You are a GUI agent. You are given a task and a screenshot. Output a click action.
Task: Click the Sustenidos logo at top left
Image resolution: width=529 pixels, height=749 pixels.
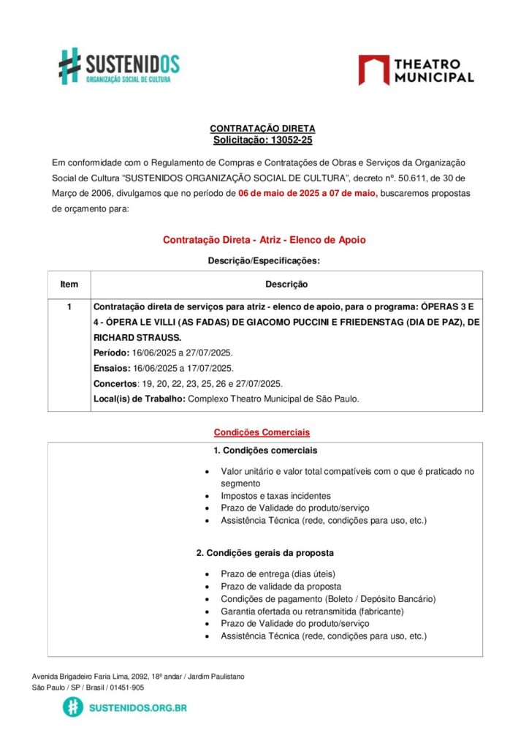click(x=118, y=66)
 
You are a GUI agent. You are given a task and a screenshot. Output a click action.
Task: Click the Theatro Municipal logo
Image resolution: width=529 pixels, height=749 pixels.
click(x=416, y=70)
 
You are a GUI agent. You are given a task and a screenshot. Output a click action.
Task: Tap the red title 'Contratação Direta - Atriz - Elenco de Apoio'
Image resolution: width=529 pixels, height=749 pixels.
click(x=264, y=239)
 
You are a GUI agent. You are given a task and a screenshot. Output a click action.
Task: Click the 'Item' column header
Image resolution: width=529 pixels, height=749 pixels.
click(x=69, y=284)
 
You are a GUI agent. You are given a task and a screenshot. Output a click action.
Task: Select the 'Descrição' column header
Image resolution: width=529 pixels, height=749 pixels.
click(x=286, y=284)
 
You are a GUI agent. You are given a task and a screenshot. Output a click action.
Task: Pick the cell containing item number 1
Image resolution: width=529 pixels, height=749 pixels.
click(x=69, y=307)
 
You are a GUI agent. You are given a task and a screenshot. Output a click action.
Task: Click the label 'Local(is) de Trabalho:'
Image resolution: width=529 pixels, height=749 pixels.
click(x=140, y=399)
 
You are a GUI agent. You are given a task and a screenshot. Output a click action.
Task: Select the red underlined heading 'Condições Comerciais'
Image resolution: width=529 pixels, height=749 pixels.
click(x=262, y=432)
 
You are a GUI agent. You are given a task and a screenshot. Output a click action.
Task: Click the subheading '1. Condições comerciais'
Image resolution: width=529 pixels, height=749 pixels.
click(x=265, y=450)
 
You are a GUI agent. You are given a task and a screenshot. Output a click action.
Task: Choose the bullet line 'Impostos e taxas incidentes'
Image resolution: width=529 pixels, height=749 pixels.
click(x=275, y=496)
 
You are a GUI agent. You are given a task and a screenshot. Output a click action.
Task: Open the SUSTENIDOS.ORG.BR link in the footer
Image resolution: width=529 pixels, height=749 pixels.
click(x=136, y=708)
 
